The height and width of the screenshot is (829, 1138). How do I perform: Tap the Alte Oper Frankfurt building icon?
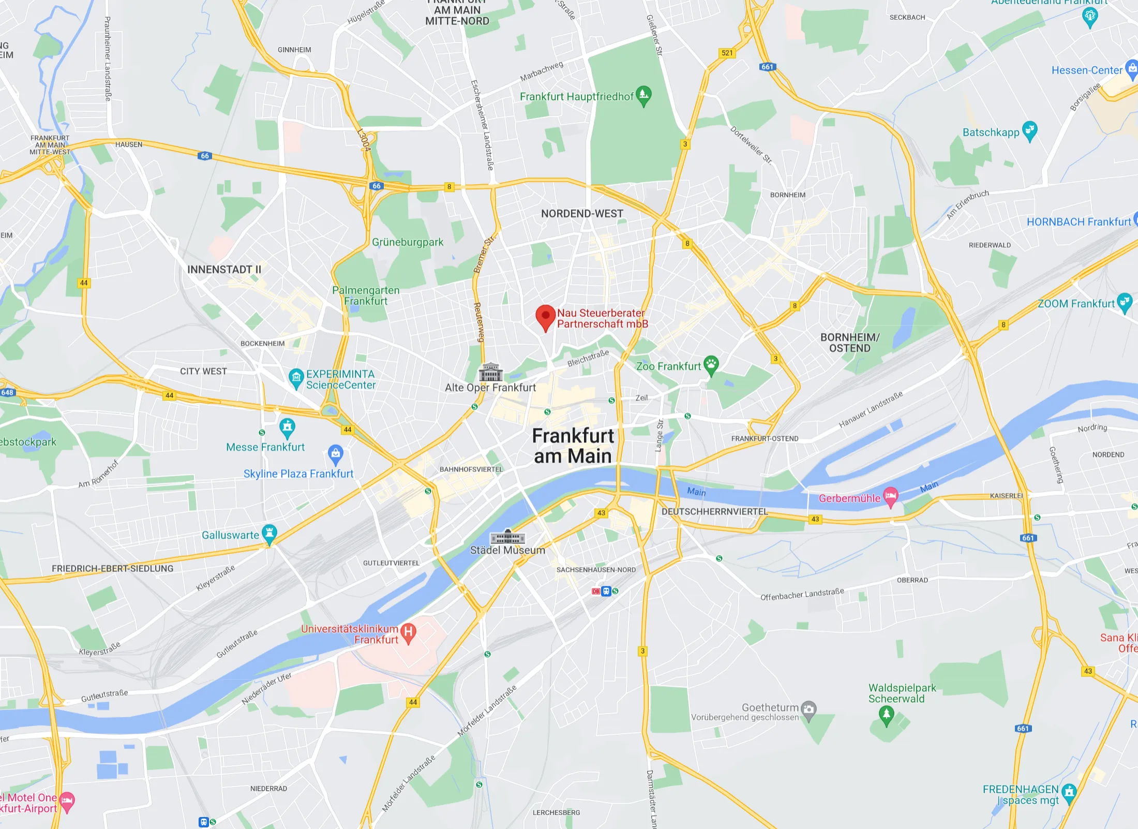pyautogui.click(x=490, y=372)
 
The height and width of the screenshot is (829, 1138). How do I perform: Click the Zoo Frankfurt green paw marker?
pyautogui.click(x=711, y=365)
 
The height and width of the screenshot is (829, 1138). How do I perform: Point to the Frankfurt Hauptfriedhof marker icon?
pyautogui.click(x=643, y=95)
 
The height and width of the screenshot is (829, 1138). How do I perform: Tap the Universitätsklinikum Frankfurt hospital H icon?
pyautogui.click(x=408, y=633)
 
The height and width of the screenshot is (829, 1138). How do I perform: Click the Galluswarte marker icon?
pyautogui.click(x=269, y=534)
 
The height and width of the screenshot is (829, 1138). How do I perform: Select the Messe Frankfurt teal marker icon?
pyautogui.click(x=287, y=427)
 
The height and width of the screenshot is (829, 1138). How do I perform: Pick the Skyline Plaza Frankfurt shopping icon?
pyautogui.click(x=336, y=454)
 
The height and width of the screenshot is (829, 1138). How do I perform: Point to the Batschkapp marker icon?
pyautogui.click(x=1030, y=130)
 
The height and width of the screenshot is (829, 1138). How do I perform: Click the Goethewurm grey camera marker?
pyautogui.click(x=808, y=709)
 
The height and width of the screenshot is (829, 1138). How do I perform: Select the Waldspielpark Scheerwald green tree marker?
pyautogui.click(x=886, y=715)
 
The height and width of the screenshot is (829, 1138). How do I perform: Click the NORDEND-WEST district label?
pyautogui.click(x=582, y=214)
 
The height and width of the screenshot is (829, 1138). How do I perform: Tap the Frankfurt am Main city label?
pyautogui.click(x=573, y=446)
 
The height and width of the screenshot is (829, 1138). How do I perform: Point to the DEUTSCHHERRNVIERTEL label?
pyautogui.click(x=714, y=511)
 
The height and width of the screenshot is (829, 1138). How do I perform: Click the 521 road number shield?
pyautogui.click(x=727, y=53)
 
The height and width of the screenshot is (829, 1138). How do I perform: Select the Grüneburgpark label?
pyautogui.click(x=408, y=242)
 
